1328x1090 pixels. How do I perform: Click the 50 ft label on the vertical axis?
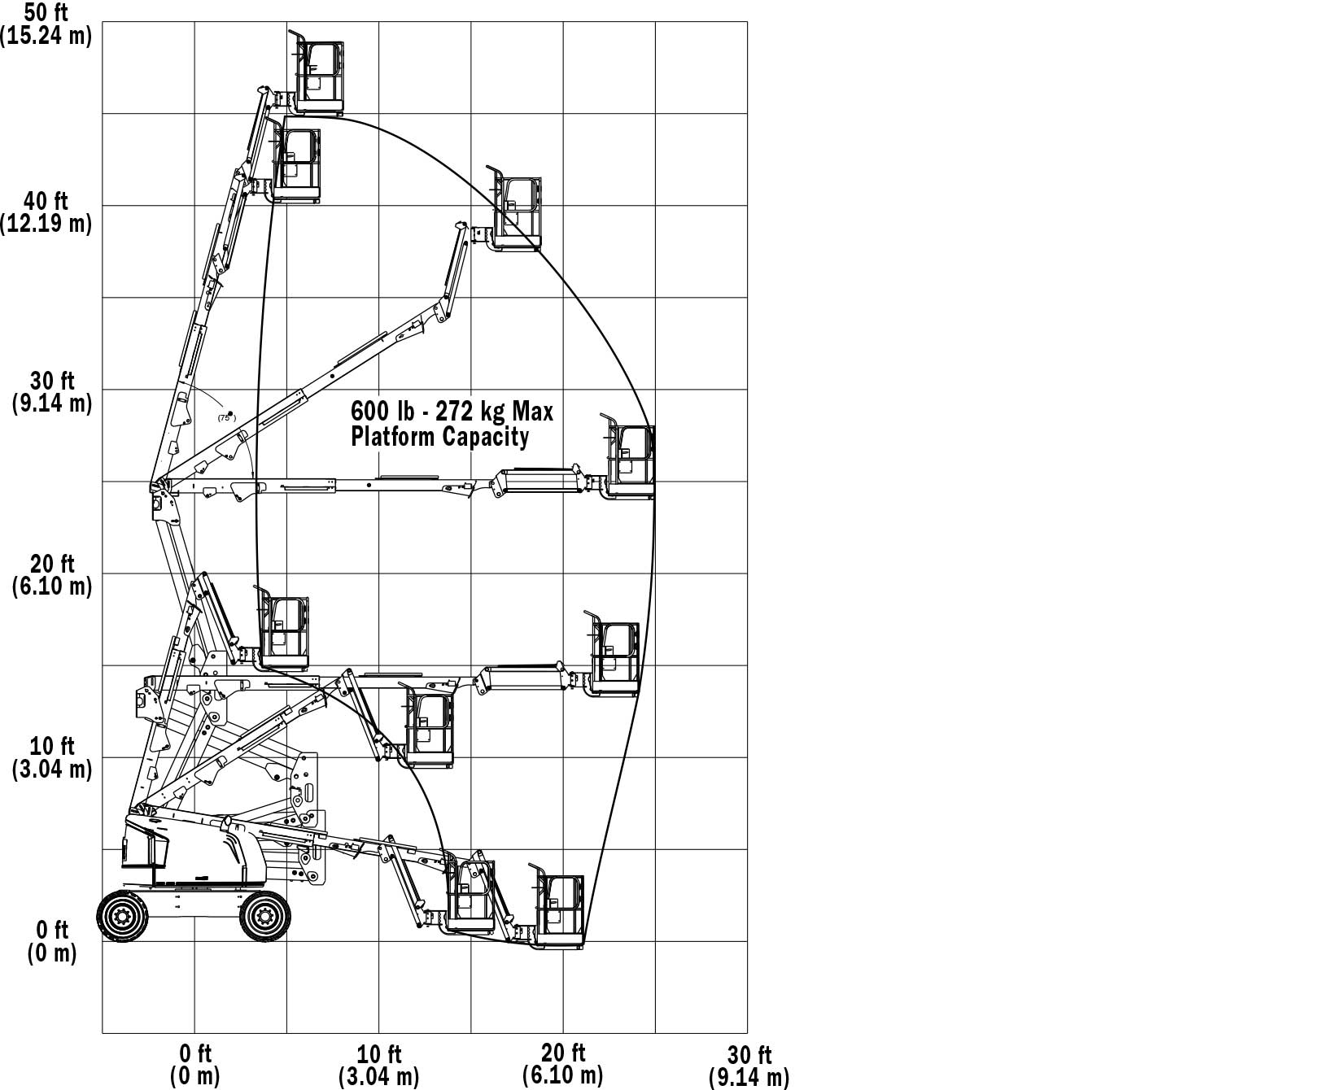(46, 24)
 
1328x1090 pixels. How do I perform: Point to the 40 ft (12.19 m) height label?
(46, 211)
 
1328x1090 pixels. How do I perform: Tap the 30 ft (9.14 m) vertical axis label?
(52, 392)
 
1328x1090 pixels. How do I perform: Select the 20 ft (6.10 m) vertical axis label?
(52, 575)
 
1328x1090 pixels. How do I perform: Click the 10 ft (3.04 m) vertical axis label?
(52, 757)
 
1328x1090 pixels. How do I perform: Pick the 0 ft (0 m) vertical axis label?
(52, 941)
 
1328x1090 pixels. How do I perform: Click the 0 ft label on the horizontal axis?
(195, 1065)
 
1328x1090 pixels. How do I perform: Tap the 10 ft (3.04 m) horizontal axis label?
(379, 1065)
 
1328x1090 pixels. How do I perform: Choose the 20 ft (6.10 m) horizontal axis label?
(563, 1065)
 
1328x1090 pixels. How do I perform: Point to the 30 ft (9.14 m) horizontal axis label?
(749, 1066)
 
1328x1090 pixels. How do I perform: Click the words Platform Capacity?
(439, 437)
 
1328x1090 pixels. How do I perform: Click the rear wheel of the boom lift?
(123, 917)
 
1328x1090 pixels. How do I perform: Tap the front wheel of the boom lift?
(264, 917)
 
